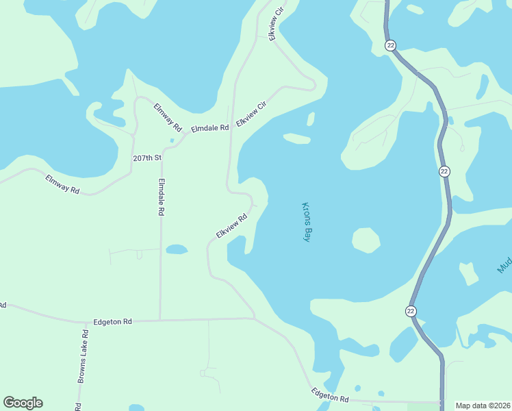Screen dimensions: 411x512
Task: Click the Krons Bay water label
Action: [307, 222]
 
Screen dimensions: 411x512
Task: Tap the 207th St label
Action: [146, 158]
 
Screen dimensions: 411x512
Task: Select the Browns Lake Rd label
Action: [83, 356]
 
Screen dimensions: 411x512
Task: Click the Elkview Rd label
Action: [231, 226]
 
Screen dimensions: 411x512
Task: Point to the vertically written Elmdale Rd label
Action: [162, 197]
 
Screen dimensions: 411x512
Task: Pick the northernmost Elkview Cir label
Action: [277, 24]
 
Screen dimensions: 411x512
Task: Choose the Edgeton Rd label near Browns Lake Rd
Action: [112, 321]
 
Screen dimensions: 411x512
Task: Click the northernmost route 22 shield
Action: [391, 45]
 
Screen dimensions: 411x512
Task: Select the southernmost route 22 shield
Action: [411, 311]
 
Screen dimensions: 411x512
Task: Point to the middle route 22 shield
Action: [444, 171]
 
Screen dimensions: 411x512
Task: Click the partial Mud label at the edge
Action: [505, 264]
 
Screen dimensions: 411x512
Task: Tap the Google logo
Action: [23, 403]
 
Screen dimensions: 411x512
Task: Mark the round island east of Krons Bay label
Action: [366, 240]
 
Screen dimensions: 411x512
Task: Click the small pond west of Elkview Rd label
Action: [176, 249]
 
